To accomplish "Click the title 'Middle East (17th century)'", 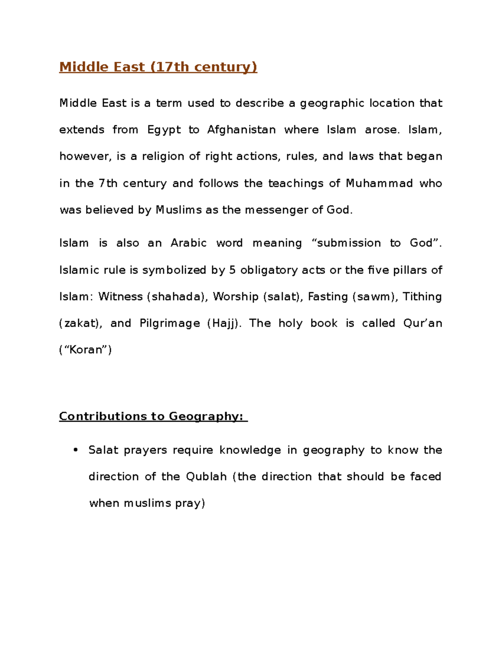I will (158, 67).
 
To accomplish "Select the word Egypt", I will (164, 130).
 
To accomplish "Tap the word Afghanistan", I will (241, 130).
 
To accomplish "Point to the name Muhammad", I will (379, 183).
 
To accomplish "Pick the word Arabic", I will (189, 243).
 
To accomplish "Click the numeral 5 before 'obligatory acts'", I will (233, 270).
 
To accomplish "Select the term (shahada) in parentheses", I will (177, 297).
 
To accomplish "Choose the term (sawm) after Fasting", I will (376, 297).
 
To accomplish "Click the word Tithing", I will (422, 297).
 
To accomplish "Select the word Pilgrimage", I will (170, 323).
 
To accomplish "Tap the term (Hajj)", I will (225, 323).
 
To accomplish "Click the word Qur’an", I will (423, 323).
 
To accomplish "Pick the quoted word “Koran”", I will (86, 350).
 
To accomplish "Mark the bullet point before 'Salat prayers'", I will (76, 450).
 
